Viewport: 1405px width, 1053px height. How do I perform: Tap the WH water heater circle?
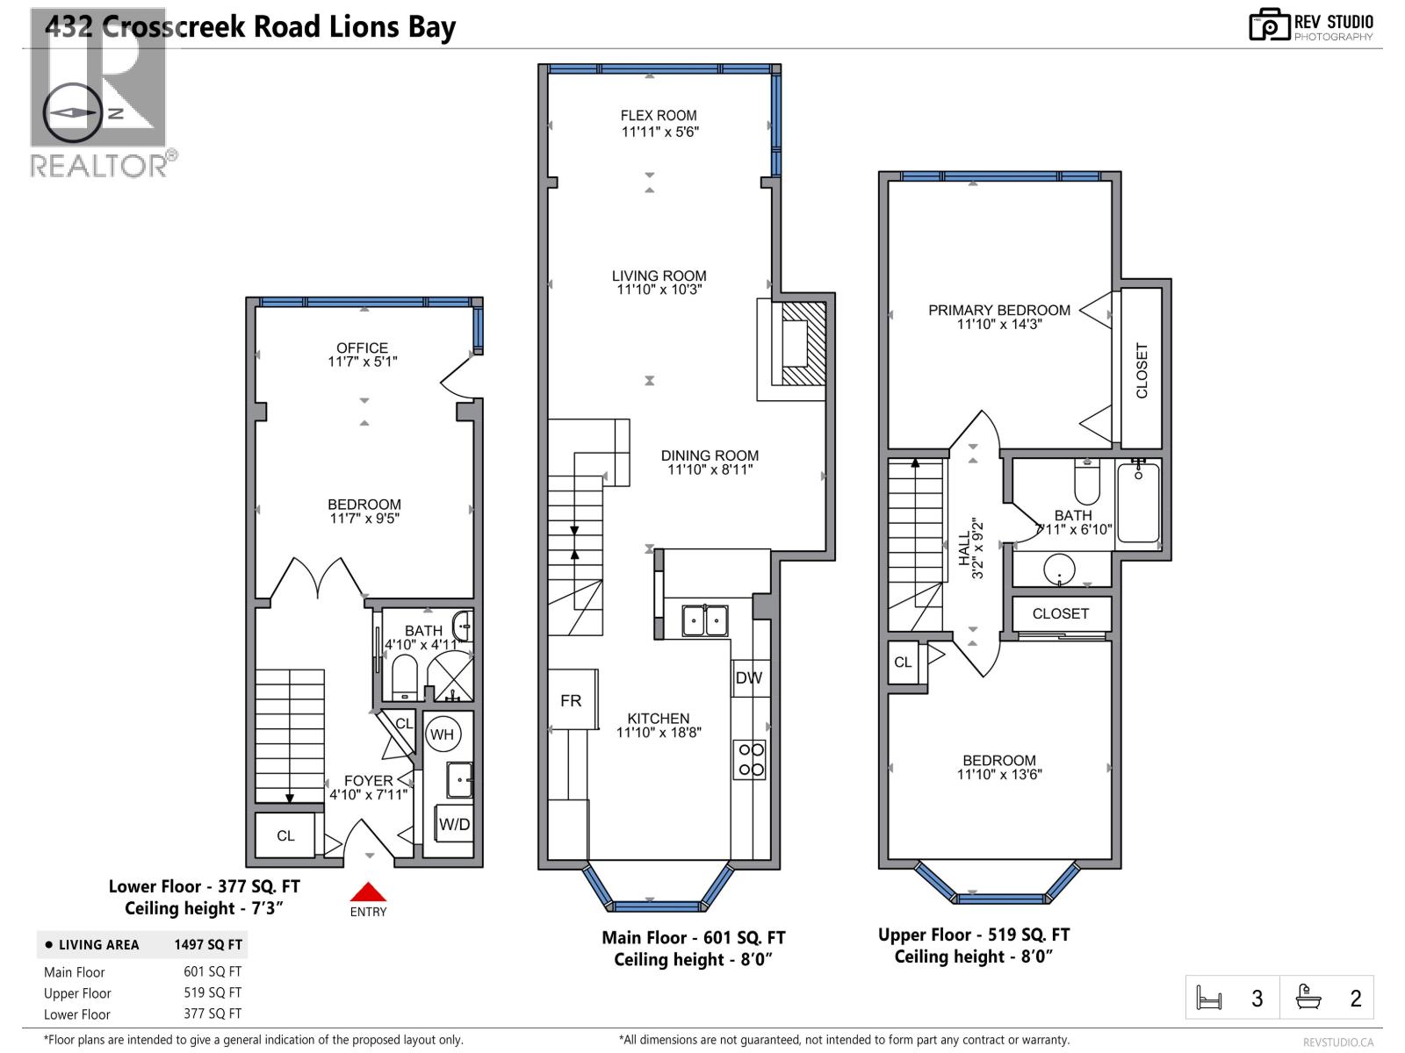(442, 734)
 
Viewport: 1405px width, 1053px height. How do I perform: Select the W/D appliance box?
(454, 824)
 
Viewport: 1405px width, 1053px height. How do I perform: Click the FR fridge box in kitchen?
(572, 699)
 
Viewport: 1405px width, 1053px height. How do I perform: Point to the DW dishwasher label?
(749, 677)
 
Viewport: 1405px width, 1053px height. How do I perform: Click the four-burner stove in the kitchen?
(751, 760)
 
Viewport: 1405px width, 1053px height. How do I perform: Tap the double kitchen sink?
(705, 620)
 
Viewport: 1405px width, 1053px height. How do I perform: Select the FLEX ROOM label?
(659, 115)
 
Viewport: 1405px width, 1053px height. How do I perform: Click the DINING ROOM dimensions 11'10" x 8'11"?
(710, 470)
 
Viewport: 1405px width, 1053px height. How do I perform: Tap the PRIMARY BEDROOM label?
(999, 310)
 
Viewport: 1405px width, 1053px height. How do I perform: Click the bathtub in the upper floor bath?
(1138, 503)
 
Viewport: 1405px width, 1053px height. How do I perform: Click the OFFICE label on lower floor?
(362, 347)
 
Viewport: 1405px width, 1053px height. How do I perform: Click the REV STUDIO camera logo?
(1269, 25)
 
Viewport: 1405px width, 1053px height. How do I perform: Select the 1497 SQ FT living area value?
(208, 945)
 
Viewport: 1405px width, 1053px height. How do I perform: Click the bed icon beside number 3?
(1209, 999)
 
